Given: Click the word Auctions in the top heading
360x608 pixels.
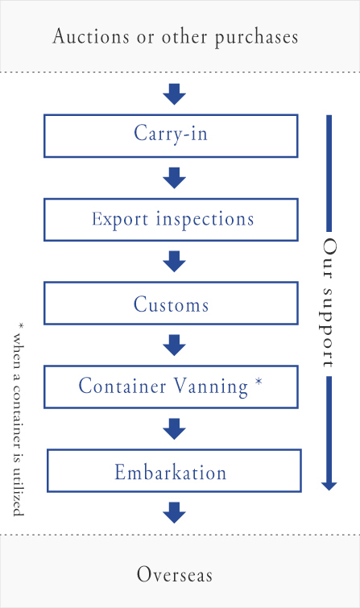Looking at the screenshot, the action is pyautogui.click(x=91, y=36).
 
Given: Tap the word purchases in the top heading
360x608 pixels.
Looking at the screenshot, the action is pyautogui.click(x=256, y=38).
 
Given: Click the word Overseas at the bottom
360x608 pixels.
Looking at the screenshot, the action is pyautogui.click(x=175, y=574).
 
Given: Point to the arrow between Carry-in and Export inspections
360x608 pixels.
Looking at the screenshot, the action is pyautogui.click(x=174, y=178).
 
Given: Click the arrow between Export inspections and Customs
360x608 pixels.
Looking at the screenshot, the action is pyautogui.click(x=174, y=262).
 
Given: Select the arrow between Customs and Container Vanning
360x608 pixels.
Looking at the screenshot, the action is pyautogui.click(x=174, y=345).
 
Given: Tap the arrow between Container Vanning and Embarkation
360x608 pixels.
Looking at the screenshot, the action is pyautogui.click(x=174, y=429).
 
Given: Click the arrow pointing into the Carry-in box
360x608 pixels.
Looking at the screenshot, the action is pyautogui.click(x=174, y=94).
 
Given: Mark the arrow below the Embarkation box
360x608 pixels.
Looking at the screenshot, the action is pyautogui.click(x=174, y=513).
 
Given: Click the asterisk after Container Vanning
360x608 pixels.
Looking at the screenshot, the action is pyautogui.click(x=259, y=382).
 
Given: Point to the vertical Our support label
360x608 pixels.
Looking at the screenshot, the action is pyautogui.click(x=329, y=303).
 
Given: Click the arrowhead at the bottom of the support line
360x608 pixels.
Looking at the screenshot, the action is pyautogui.click(x=329, y=486).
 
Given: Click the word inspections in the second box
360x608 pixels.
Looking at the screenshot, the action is pyautogui.click(x=205, y=220).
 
